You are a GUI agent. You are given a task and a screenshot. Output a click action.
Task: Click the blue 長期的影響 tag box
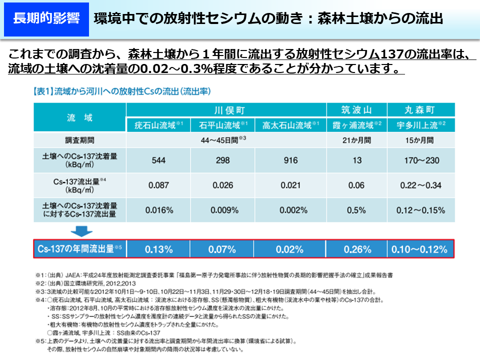tap(45, 19)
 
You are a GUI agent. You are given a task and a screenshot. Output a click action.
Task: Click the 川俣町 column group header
tap(226, 110)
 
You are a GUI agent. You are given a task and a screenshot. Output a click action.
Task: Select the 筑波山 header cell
tap(356, 110)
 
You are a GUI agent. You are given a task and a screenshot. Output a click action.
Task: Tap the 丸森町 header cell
tap(421, 110)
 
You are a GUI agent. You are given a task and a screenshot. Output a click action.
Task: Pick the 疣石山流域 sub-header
tap(159, 125)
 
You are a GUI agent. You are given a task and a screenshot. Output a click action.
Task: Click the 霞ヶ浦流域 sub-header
tap(357, 125)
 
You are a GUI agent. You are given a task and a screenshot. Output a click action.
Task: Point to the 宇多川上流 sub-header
tap(421, 125)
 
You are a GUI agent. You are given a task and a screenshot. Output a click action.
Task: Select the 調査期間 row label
tap(80, 140)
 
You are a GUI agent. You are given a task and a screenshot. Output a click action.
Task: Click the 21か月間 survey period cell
tap(356, 140)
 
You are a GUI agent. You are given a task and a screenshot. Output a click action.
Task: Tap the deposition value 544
tap(159, 160)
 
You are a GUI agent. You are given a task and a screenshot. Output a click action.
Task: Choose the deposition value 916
tap(290, 160)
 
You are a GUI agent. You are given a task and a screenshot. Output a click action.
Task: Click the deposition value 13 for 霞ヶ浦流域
tap(356, 160)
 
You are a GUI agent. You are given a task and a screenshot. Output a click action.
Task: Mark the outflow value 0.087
tap(159, 185)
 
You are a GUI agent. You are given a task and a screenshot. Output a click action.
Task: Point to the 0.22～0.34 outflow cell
tap(421, 185)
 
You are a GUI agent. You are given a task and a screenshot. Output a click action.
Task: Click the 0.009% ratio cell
tap(223, 210)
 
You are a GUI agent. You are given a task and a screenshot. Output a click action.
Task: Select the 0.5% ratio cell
tap(356, 210)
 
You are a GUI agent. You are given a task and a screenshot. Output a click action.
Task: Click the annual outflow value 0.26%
tap(356, 249)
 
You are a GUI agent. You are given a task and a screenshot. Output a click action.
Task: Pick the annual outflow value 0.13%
tap(159, 249)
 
